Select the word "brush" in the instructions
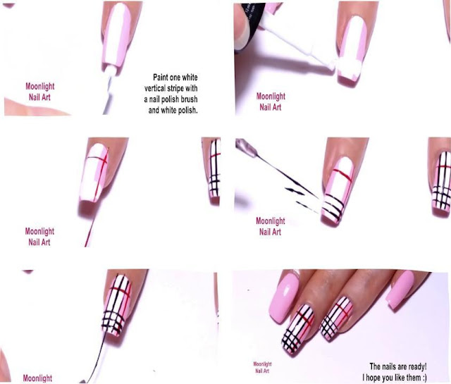point(187,99)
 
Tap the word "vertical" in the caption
point(156,88)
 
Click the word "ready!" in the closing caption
point(416,367)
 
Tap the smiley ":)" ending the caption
point(424,378)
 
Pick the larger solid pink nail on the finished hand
point(283,298)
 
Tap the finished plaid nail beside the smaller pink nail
point(337,318)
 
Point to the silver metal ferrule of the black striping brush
point(247,147)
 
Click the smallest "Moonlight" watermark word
point(262,364)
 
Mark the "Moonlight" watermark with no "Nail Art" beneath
point(37,378)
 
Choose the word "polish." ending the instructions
point(187,110)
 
